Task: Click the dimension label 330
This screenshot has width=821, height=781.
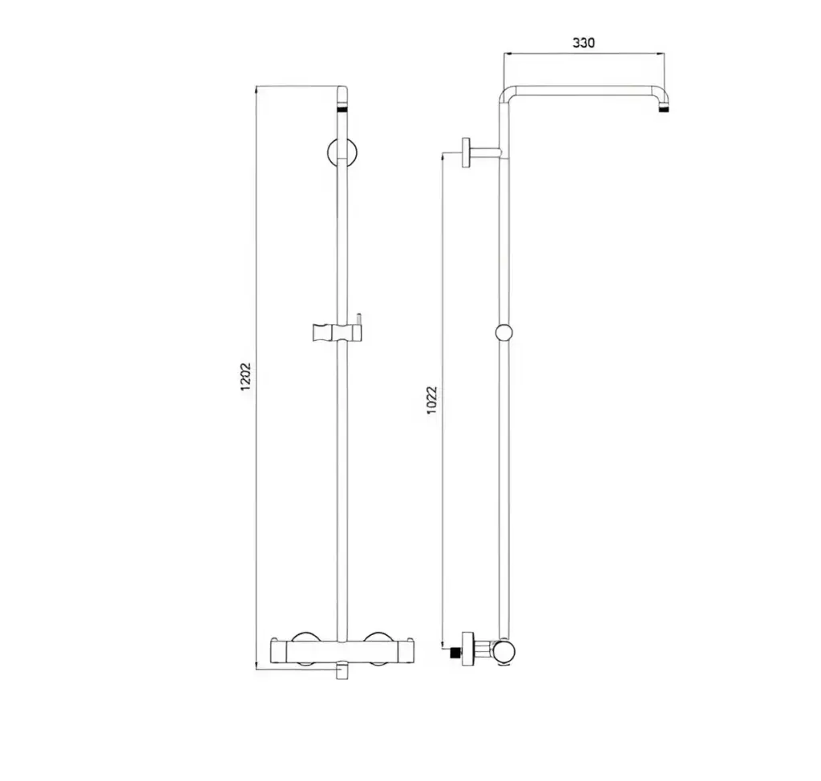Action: coord(584,42)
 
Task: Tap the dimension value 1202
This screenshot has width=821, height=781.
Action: coord(245,377)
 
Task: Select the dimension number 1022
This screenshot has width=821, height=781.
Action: coord(432,400)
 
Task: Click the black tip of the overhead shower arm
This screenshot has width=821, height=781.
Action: coord(663,110)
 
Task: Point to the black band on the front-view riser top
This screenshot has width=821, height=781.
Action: coord(342,109)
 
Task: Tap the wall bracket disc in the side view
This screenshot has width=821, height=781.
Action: coord(466,153)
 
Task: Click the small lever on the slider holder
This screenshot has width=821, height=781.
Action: coord(359,319)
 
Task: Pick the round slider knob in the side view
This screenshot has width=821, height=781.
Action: coord(504,333)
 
